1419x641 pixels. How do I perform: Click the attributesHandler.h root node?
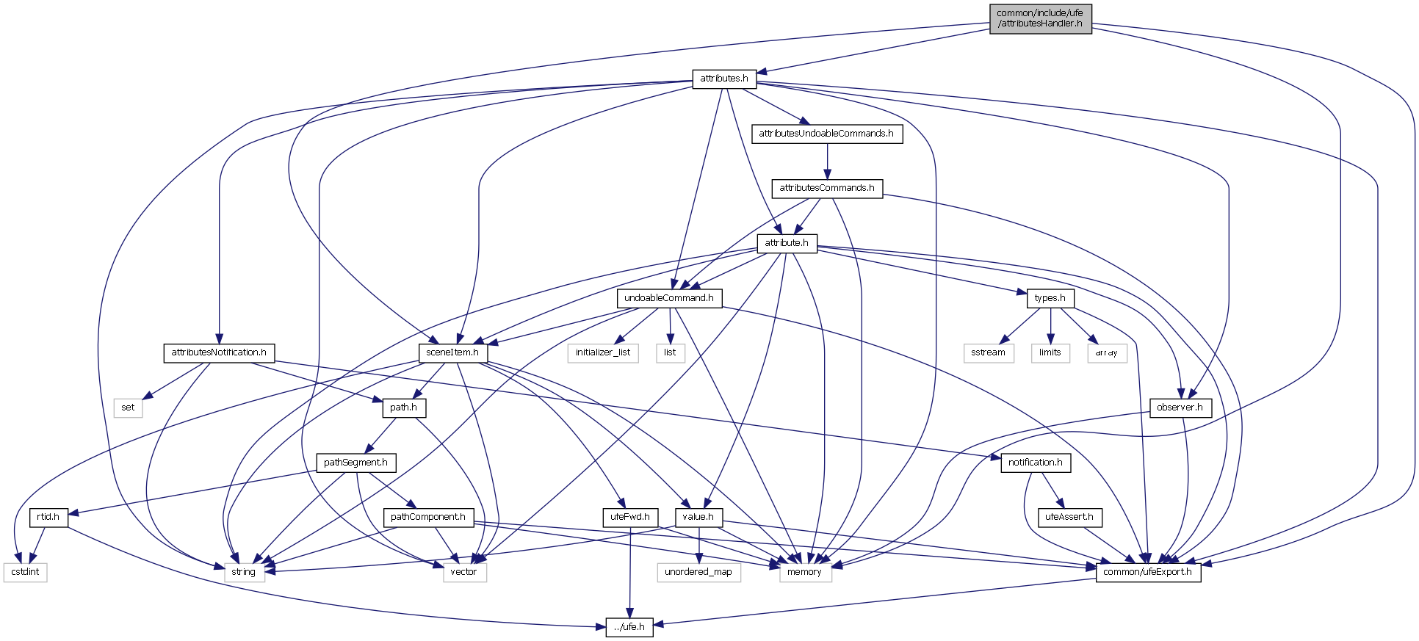(x=1040, y=18)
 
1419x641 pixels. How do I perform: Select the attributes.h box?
(x=723, y=78)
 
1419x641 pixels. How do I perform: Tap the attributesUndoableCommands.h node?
(x=826, y=134)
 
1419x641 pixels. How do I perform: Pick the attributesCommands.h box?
(x=827, y=188)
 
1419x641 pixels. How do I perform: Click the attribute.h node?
(x=787, y=243)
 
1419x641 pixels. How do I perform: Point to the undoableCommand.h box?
(x=669, y=298)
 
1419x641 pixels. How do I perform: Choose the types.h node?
(x=1050, y=298)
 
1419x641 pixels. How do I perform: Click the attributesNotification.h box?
(x=219, y=352)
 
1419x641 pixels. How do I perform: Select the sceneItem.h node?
(x=452, y=352)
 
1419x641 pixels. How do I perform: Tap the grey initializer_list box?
(x=603, y=352)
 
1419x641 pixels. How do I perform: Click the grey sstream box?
(x=988, y=352)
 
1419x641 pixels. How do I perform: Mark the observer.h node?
(x=1180, y=408)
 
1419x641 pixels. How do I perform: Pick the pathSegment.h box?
(x=356, y=463)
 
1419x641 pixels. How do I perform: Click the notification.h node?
(x=1035, y=463)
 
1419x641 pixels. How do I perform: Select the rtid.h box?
(x=48, y=517)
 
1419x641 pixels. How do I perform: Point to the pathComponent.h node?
(x=428, y=517)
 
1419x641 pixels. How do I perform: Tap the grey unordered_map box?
(x=698, y=572)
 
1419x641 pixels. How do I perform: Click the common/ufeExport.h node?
(x=1148, y=572)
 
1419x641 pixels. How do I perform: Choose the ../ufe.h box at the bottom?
(x=629, y=627)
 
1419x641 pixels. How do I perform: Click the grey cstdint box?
(x=26, y=572)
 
